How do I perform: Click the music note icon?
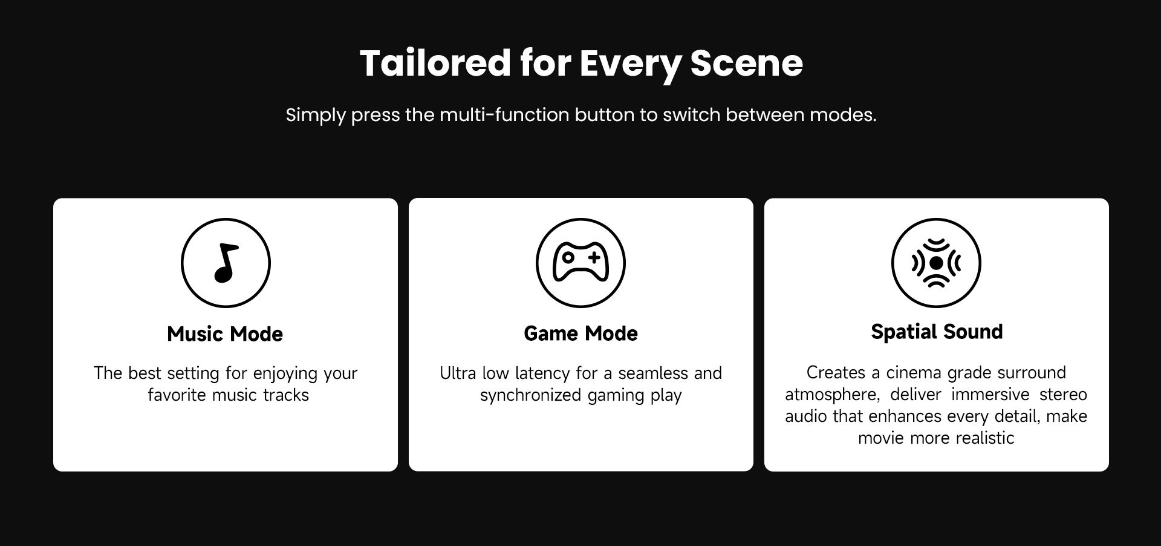coord(226,263)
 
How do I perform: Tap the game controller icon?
coord(580,263)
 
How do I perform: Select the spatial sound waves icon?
coord(936,263)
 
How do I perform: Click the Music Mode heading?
coord(225,334)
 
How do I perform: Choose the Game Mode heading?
coord(580,334)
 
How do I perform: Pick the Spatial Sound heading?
coord(937,332)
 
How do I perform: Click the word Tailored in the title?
coord(435,63)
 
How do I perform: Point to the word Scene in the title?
coord(746,63)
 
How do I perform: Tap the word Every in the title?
coord(630,64)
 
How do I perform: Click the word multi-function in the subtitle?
coord(504,114)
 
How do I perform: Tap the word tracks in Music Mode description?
coord(286,395)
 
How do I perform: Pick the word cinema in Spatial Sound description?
coord(914,373)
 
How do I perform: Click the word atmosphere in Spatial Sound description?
coord(832,395)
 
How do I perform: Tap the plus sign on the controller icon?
coord(594,257)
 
